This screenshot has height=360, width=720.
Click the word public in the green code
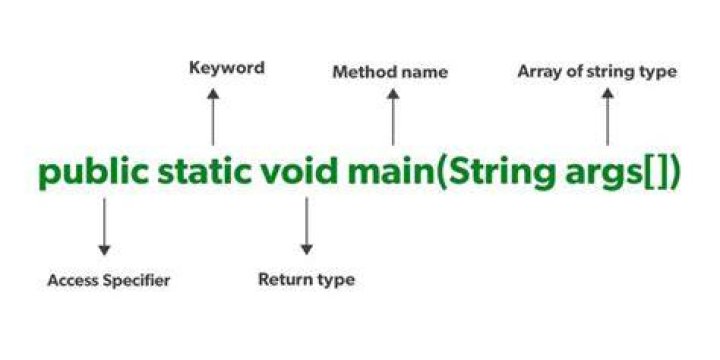click(x=94, y=173)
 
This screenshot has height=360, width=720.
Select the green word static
click(x=204, y=172)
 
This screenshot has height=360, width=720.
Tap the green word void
click(x=299, y=172)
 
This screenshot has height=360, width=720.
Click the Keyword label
click(x=227, y=68)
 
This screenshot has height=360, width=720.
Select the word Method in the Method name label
click(x=360, y=72)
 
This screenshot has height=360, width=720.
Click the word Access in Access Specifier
click(x=73, y=280)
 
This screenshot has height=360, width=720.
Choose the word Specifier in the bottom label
click(x=136, y=281)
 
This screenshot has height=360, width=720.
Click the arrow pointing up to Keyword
click(x=213, y=117)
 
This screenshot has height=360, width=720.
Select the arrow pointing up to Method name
click(x=393, y=117)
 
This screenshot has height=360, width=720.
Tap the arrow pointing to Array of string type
click(x=608, y=117)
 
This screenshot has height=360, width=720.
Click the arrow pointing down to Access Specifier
click(x=104, y=226)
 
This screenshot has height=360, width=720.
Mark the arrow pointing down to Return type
click(x=306, y=226)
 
